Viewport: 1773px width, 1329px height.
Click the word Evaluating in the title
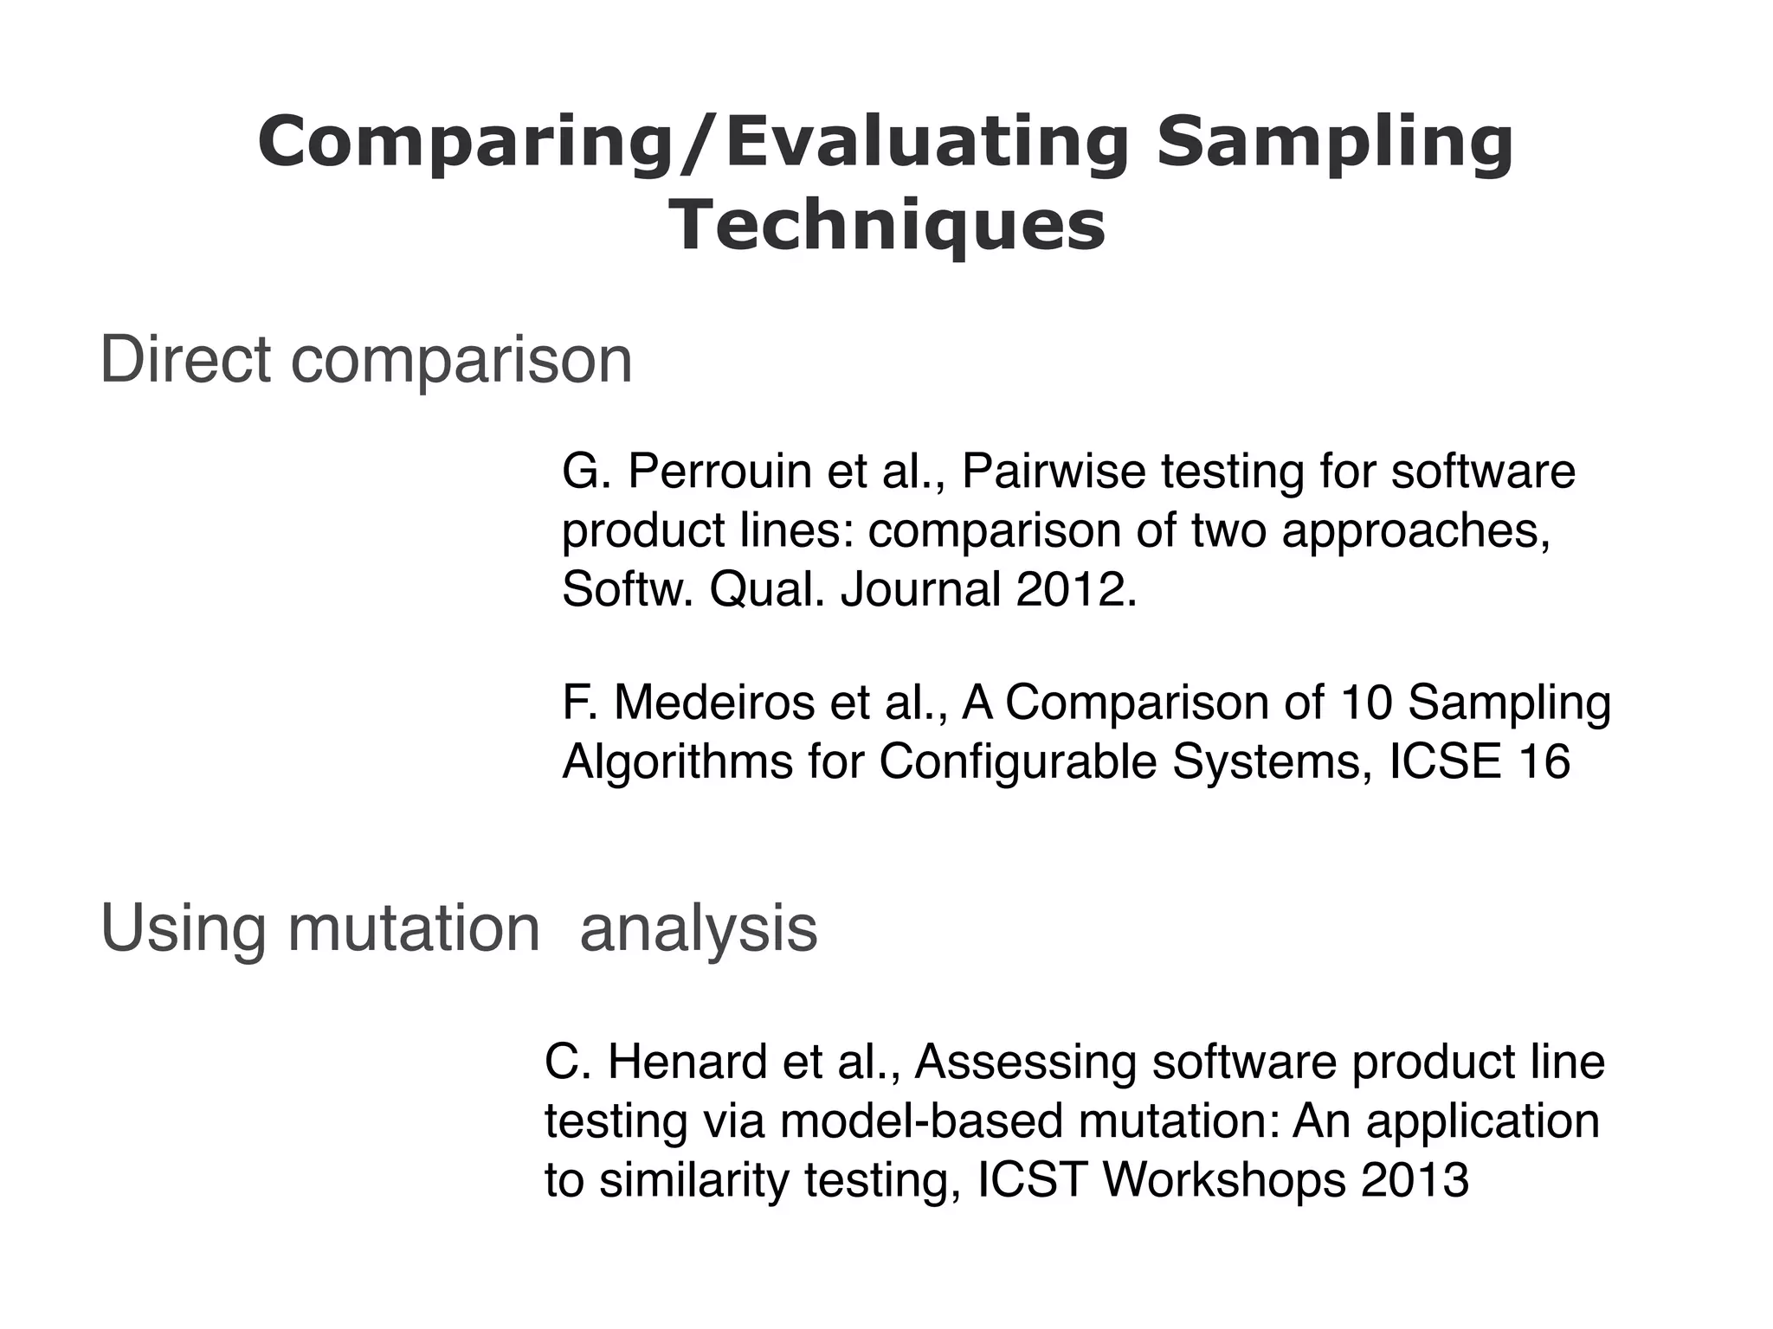point(926,143)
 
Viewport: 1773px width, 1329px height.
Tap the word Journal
point(920,590)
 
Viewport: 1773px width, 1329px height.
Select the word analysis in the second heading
point(698,928)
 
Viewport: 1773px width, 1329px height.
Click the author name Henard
point(687,1063)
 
